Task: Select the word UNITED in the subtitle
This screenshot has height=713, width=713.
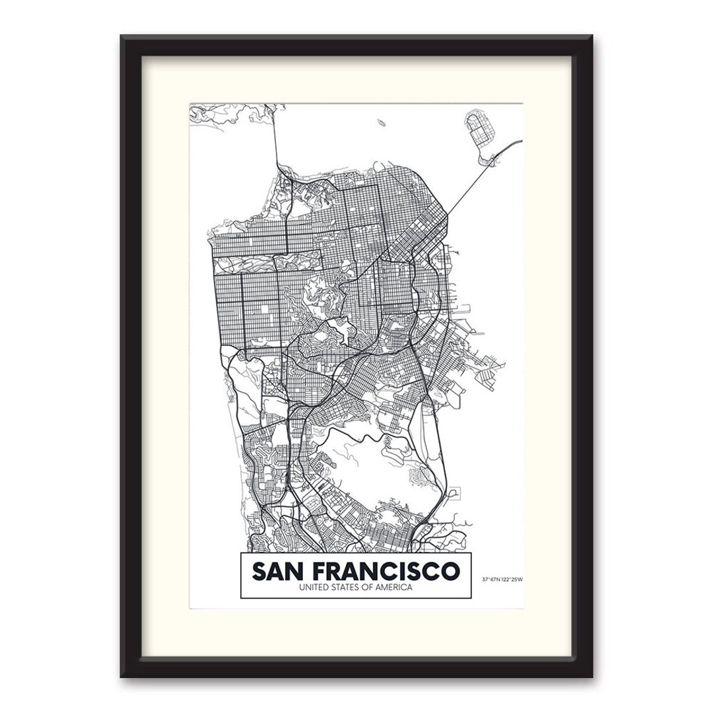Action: [x=313, y=588]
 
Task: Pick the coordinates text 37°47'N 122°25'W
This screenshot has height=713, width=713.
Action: [x=502, y=580]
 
